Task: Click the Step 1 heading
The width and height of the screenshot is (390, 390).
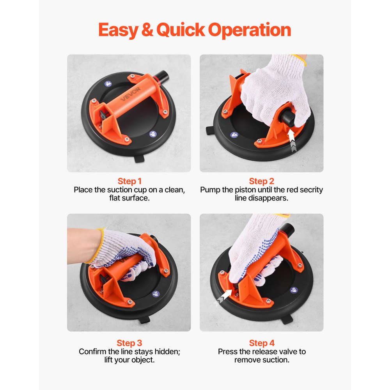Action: click(x=129, y=181)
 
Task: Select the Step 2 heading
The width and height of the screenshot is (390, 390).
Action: click(x=261, y=181)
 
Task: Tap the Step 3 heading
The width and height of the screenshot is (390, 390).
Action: click(x=129, y=343)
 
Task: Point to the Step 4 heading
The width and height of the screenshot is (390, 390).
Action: click(x=261, y=343)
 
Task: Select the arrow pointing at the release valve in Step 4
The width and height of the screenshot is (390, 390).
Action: click(x=224, y=299)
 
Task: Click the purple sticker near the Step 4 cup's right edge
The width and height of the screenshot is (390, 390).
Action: click(x=294, y=290)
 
